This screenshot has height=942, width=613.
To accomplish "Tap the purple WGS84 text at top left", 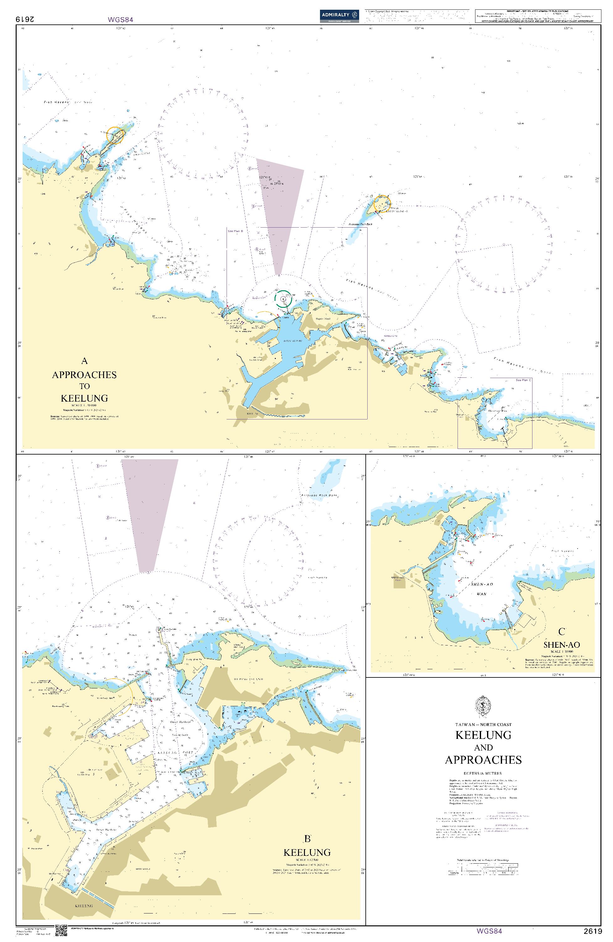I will coord(120,19).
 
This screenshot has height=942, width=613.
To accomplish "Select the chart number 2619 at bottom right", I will coord(592,931).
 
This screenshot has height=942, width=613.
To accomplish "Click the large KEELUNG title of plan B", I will coord(307,852).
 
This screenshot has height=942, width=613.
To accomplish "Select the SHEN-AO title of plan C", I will coord(562,645).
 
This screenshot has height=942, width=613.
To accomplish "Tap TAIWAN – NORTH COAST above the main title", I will coord(483,724).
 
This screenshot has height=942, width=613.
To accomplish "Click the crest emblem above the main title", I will coord(483,706).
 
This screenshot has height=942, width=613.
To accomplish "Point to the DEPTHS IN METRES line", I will coord(482,773).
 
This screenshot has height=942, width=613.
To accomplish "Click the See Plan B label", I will coord(235,231).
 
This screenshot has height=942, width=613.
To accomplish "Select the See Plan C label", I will coord(523,380).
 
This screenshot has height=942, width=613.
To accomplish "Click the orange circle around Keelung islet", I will coord(382,203).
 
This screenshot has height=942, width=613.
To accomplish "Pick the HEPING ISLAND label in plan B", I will coord(249,679).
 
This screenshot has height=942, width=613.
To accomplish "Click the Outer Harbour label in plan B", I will coord(180,722).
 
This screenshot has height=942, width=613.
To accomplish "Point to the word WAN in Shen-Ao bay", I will coord(481,594).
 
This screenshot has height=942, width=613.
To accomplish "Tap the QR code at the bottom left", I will coord(61,930).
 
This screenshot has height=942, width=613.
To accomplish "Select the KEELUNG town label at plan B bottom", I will coord(84,906).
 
